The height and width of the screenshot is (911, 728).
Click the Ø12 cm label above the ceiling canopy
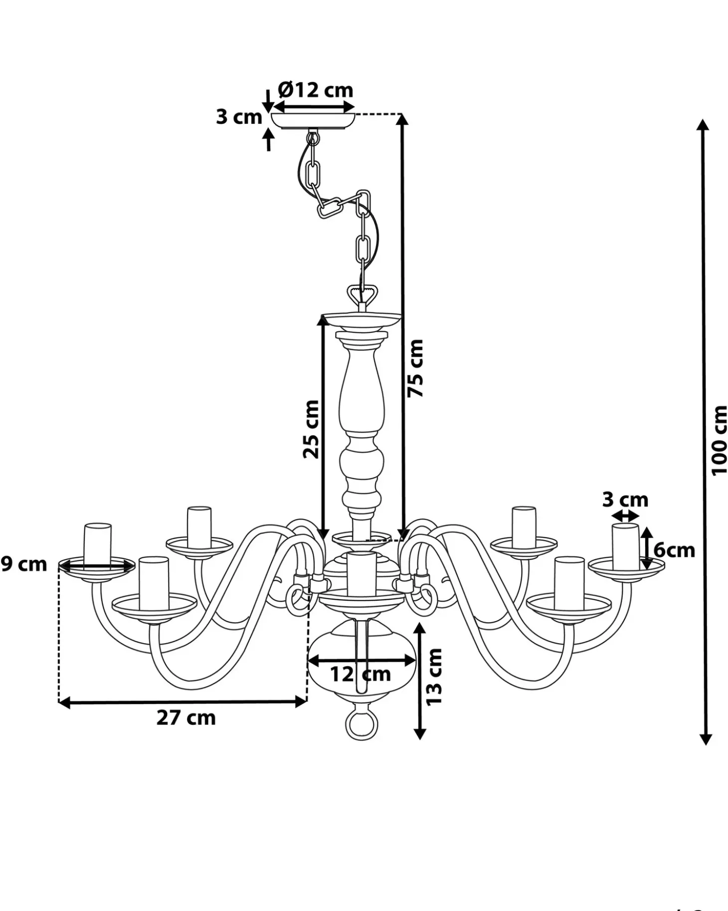(x=316, y=90)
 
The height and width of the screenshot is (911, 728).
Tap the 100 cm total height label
(x=719, y=440)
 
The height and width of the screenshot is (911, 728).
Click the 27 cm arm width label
(x=186, y=718)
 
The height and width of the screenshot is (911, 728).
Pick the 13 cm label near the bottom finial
(x=434, y=677)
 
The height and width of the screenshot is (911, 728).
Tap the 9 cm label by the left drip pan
(x=23, y=564)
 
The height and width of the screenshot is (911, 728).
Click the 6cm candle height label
(x=674, y=550)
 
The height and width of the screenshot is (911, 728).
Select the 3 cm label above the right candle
(x=625, y=499)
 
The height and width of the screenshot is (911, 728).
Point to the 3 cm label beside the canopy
(x=239, y=117)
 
